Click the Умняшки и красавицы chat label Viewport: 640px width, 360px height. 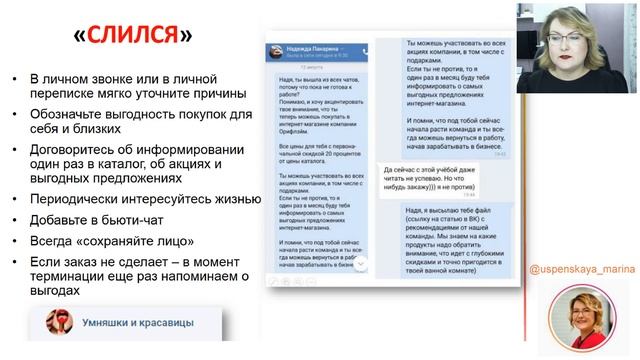coord(134,325)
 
